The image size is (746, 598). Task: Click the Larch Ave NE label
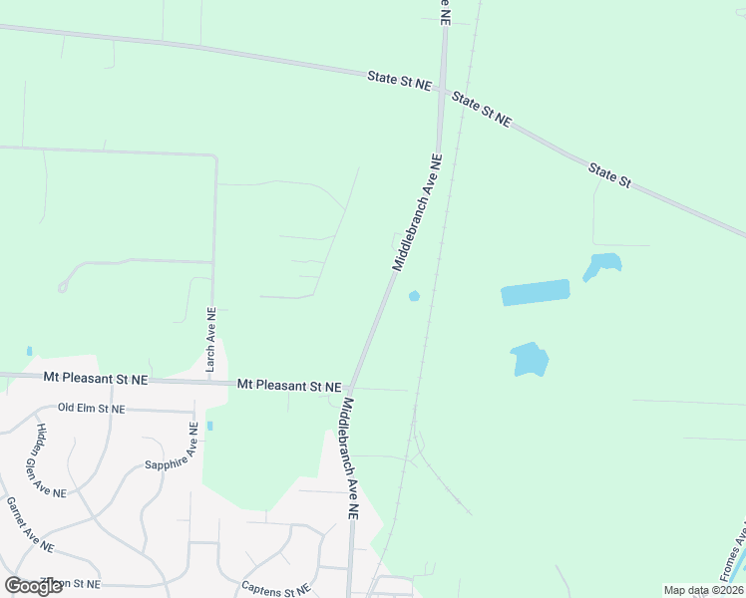210,340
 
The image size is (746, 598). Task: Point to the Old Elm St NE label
92,409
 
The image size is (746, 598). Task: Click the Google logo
33,586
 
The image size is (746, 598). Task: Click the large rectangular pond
535,292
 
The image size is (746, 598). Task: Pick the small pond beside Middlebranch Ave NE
414,295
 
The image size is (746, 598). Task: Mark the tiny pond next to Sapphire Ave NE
209,426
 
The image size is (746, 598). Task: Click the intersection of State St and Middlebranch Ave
441,88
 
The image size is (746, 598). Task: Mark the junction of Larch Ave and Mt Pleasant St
212,381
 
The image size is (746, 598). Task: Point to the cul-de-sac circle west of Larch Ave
63,288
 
